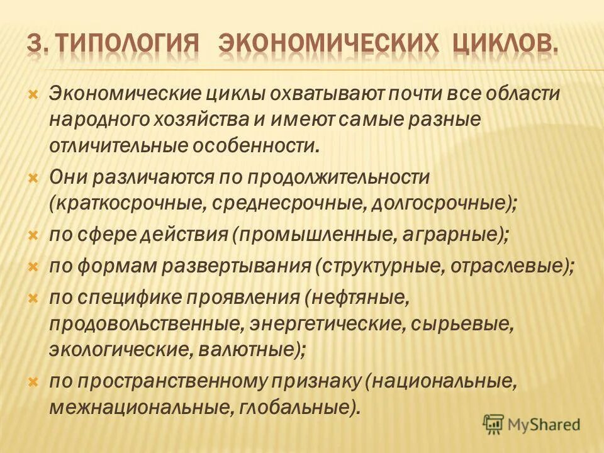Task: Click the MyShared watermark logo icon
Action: [494, 425]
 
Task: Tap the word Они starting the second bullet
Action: [69, 177]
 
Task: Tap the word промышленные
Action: [311, 234]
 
